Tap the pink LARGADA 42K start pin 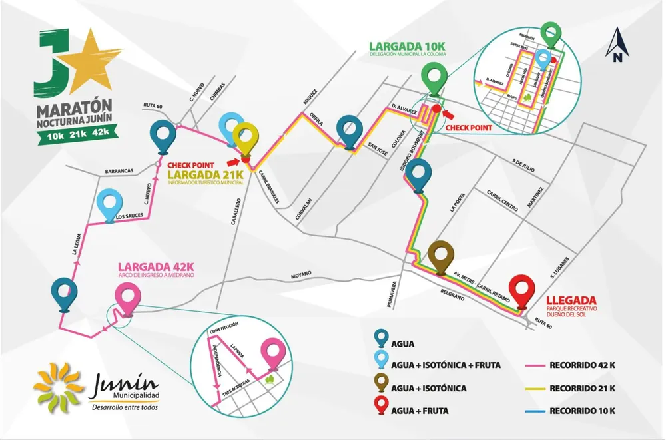[x=127, y=296]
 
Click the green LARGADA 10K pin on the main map [x=435, y=77]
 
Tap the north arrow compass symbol [x=617, y=45]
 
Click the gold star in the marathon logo [x=91, y=57]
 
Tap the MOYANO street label [x=302, y=273]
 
